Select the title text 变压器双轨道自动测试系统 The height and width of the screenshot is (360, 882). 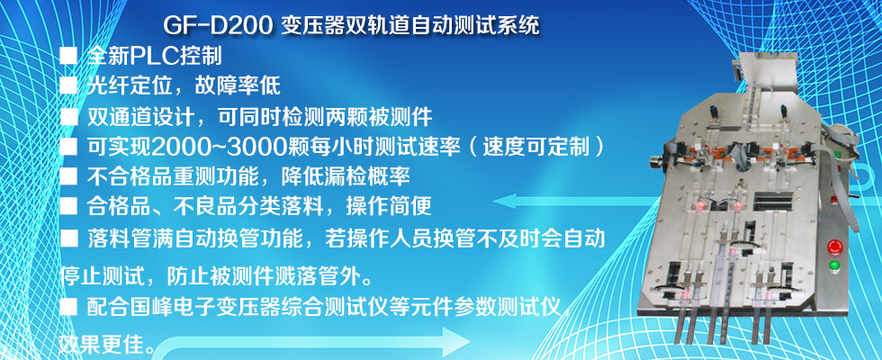point(409,25)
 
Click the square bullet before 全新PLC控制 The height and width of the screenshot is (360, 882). point(68,56)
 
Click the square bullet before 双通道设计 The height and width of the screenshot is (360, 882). point(68,117)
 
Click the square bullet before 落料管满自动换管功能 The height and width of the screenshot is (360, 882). point(68,238)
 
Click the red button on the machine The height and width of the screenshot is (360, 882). point(833,247)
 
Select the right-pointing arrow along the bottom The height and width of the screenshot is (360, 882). point(315,342)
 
